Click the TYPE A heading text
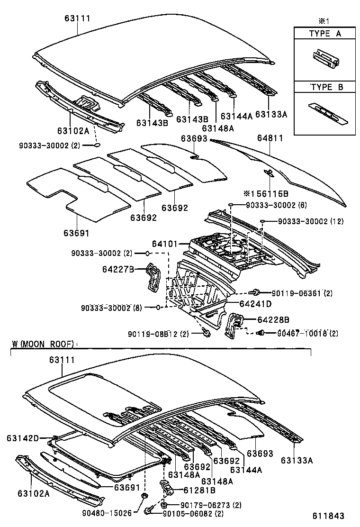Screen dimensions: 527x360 tap(325, 34)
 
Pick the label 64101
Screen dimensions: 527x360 tap(164, 244)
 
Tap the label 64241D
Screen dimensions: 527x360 tap(255, 303)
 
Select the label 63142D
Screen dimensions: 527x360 tap(23, 438)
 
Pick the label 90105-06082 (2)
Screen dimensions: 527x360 tap(193, 514)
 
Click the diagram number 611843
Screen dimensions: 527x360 tap(328, 516)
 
